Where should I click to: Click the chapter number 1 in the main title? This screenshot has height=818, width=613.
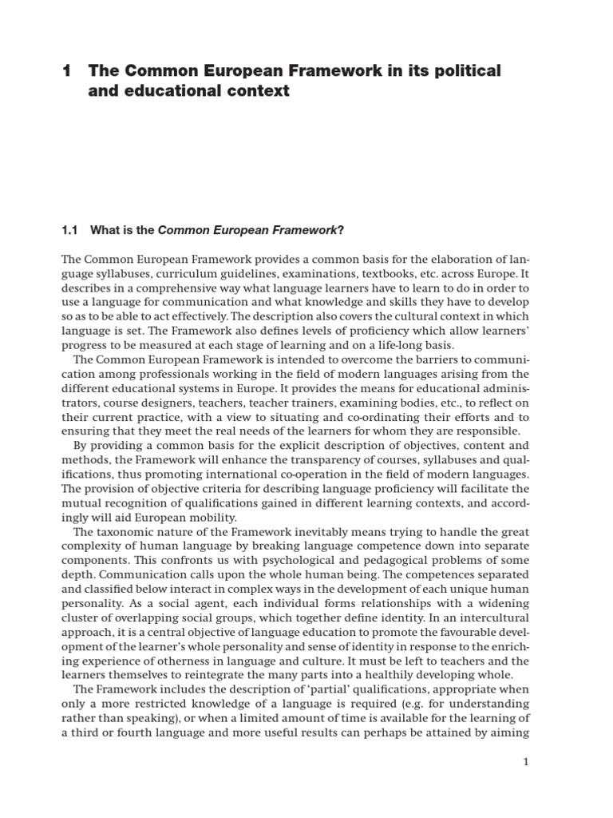click(66, 71)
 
